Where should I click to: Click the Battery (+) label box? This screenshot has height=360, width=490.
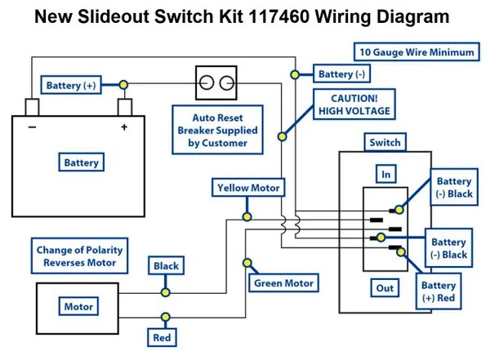[x=75, y=86]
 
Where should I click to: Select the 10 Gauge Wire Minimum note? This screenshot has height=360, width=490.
[x=416, y=52]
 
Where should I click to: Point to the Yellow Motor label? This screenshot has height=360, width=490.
[x=248, y=188]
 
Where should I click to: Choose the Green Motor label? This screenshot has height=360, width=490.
[x=283, y=283]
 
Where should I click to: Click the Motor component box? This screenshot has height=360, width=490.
[x=78, y=307]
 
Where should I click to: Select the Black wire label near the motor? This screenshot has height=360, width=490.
[x=166, y=266]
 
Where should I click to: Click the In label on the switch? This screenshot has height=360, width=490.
[x=385, y=174]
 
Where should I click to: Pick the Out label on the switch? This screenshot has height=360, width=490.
[x=385, y=288]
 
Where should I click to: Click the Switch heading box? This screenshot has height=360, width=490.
[x=385, y=143]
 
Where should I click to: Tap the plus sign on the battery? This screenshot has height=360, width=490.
[x=124, y=127]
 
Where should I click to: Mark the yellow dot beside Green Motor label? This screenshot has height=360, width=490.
[x=247, y=263]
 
